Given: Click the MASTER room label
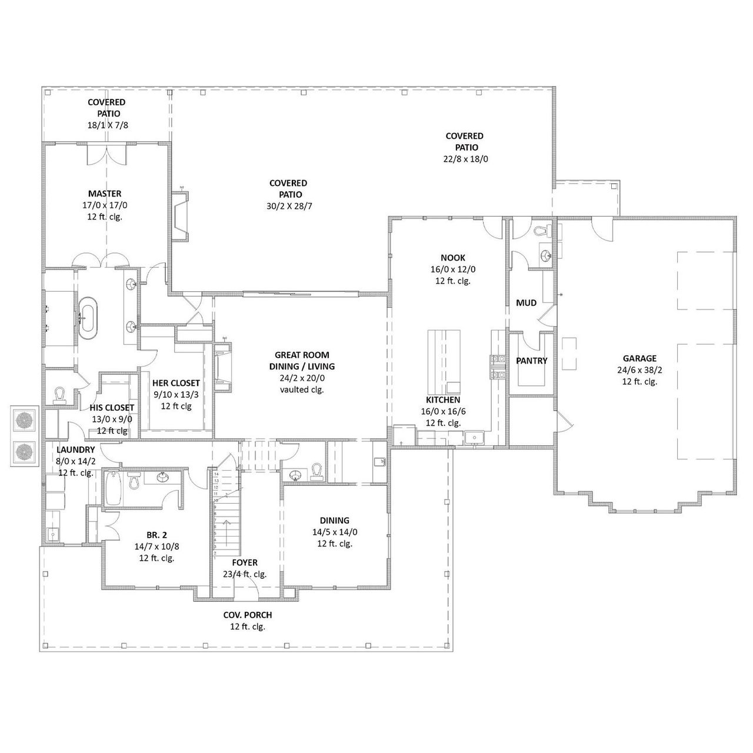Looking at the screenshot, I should coord(105,194).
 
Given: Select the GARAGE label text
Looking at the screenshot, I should coord(639,358).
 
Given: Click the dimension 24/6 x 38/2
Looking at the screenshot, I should coord(639,370).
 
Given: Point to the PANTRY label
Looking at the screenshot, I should coord(531,361).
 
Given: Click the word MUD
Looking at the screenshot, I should coord(526,303).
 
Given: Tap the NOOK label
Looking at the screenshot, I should coord(452,258).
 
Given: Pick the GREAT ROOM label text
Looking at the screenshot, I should coord(302,355).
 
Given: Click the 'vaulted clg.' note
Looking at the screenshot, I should coord(302,389).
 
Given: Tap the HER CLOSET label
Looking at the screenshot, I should coord(176,383).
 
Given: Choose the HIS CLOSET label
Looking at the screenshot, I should coord(112,408).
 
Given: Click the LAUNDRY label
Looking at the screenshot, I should coord(75,449).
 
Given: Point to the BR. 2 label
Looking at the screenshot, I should coord(156,535).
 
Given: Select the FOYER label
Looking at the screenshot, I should coord(245,562).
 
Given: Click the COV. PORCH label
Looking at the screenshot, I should coord(247,615).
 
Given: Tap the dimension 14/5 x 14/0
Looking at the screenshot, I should coord(334,532).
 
